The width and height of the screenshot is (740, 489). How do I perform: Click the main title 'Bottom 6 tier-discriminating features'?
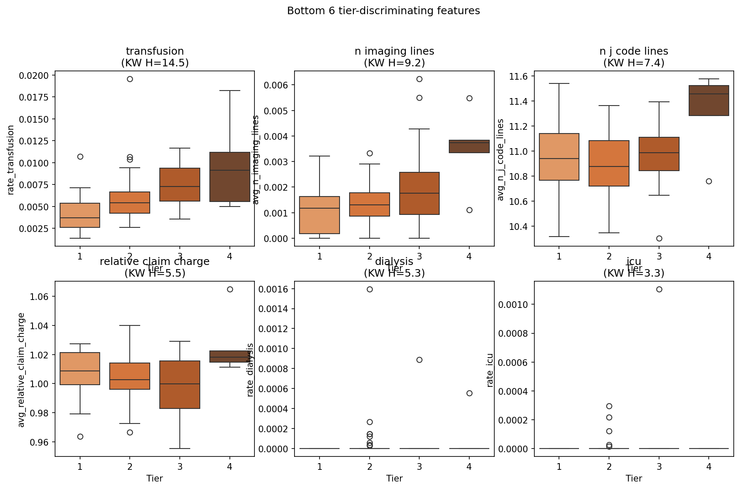pos(383,11)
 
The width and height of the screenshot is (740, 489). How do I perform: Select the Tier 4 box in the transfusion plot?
pos(230,177)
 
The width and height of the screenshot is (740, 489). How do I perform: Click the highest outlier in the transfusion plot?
pos(130,79)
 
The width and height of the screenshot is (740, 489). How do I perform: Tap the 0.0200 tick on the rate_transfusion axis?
pos(34,76)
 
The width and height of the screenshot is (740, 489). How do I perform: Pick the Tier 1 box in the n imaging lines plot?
pos(320,215)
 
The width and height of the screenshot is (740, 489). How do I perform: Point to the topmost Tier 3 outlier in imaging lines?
pos(419,79)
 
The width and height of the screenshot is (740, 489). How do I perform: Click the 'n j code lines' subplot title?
pos(634,51)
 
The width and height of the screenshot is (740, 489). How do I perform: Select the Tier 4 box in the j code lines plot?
pos(709,101)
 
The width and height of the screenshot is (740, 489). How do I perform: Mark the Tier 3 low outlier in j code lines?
pos(659,238)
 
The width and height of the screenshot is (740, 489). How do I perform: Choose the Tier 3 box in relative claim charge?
pos(180,385)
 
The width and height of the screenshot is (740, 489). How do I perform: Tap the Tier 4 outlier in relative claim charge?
pos(230,289)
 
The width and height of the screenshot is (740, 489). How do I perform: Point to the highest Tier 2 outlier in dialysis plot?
pos(370,289)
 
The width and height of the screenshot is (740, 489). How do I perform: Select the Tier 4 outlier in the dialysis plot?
pos(469,393)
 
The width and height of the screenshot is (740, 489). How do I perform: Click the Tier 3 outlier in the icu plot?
pos(659,289)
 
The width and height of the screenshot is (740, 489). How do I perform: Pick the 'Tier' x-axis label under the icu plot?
pos(634,478)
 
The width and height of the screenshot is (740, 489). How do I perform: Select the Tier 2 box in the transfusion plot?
pos(130,202)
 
